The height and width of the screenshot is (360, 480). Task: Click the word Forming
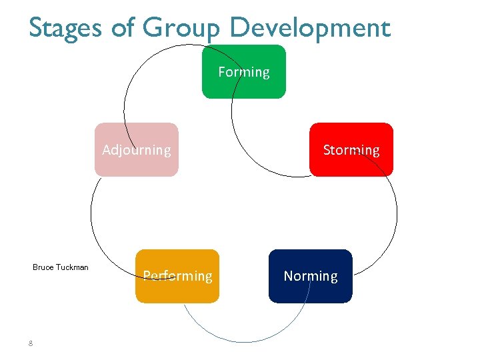[x=244, y=72]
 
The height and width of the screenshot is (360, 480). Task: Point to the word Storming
[x=351, y=150]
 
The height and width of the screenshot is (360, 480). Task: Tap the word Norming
[x=311, y=276]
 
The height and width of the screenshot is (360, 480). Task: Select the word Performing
[x=178, y=276]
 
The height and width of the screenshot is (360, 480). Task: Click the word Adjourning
[x=137, y=150]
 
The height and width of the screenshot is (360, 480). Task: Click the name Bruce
[x=43, y=267]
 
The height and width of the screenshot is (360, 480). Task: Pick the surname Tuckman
[x=72, y=267]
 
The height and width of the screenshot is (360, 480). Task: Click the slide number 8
[x=31, y=343]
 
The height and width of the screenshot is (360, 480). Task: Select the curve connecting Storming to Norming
[x=396, y=213]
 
